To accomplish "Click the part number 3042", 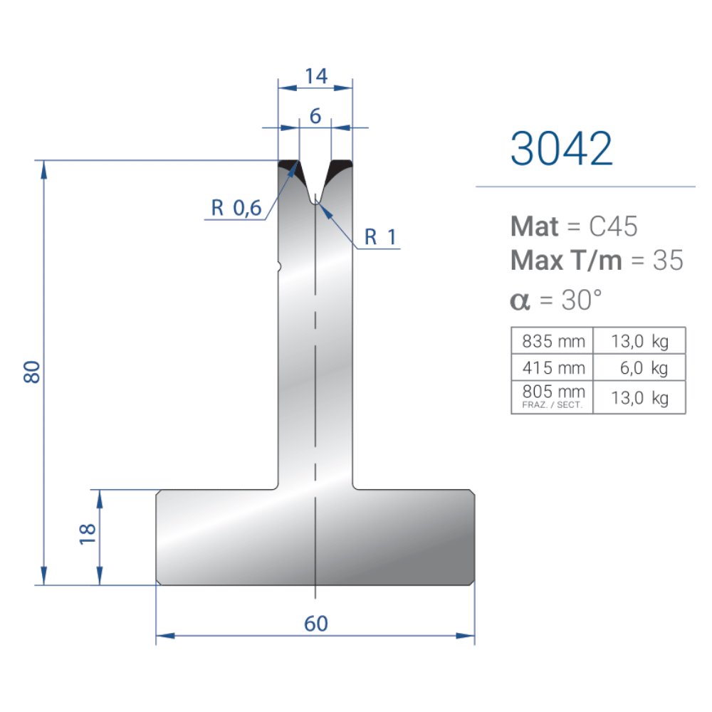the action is (x=562, y=149).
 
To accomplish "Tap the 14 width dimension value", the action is (x=316, y=76).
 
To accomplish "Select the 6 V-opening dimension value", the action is (x=315, y=116).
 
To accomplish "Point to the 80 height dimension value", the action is (x=32, y=372).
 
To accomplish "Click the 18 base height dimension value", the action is (x=87, y=534).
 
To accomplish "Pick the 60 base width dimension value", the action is (x=316, y=624).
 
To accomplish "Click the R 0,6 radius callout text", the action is (x=236, y=208).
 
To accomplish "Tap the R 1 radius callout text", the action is (x=380, y=237).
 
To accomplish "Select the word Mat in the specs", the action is (x=535, y=226).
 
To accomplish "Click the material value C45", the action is (x=613, y=226).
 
